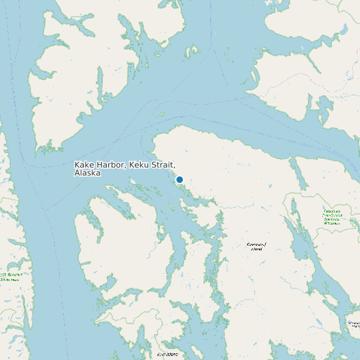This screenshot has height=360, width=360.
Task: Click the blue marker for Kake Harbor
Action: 179,179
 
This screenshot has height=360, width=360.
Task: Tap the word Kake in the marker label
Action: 84,165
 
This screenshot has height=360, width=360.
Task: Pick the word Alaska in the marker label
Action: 87,173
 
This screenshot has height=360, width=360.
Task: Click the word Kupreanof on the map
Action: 256,244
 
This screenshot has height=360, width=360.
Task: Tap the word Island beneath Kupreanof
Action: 256,249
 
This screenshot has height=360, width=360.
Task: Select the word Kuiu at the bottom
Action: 162,354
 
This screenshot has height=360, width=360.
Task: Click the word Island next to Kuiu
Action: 173,354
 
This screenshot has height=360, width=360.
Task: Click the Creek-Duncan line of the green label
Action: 332,215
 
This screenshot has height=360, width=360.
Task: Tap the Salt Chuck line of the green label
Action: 332,219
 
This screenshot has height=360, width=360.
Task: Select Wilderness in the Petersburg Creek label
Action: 332,223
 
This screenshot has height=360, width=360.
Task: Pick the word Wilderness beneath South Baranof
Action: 9,280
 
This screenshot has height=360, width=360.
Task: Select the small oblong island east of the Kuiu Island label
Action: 199,353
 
